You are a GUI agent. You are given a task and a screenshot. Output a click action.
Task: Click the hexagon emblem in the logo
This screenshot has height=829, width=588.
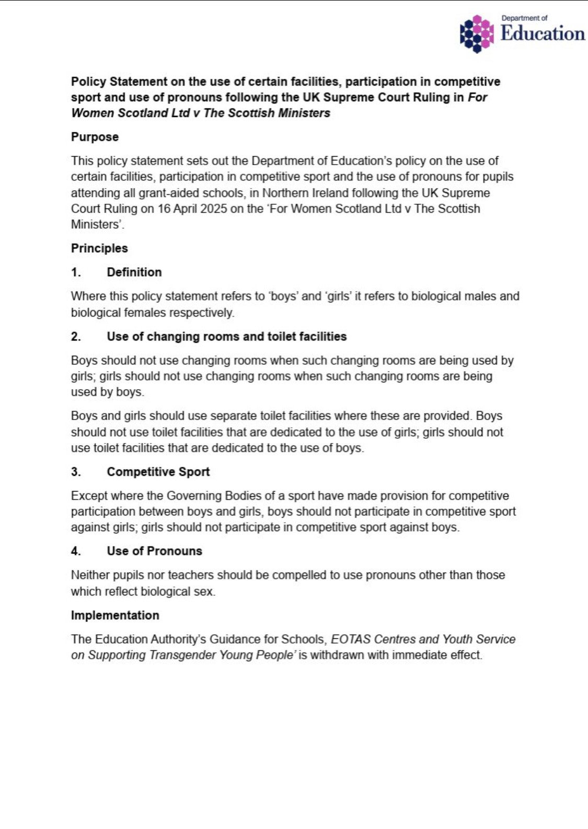[477, 33]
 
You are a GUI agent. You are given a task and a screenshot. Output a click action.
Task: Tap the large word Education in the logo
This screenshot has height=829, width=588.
[543, 34]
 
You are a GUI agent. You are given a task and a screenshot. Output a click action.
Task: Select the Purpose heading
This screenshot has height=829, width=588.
[95, 137]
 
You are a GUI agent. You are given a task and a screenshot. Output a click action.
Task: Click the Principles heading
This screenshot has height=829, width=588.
[99, 248]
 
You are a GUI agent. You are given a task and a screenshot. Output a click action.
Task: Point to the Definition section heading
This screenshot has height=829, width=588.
[134, 272]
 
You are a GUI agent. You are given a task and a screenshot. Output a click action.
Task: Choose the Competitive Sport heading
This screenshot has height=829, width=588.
[158, 472]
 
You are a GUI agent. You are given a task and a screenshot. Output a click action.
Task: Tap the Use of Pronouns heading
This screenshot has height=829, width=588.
[154, 551]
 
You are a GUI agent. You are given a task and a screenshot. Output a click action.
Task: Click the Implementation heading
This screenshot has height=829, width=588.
[115, 615]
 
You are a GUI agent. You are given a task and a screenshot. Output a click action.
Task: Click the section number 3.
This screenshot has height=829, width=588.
[76, 472]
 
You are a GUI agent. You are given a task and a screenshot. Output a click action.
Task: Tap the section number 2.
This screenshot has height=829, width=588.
[76, 336]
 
